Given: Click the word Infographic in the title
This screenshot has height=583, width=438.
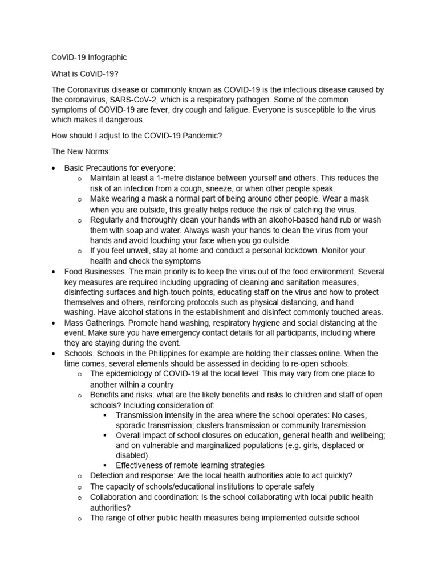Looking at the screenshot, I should click(x=107, y=58).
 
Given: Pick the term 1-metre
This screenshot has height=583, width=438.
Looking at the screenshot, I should click(x=169, y=178).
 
